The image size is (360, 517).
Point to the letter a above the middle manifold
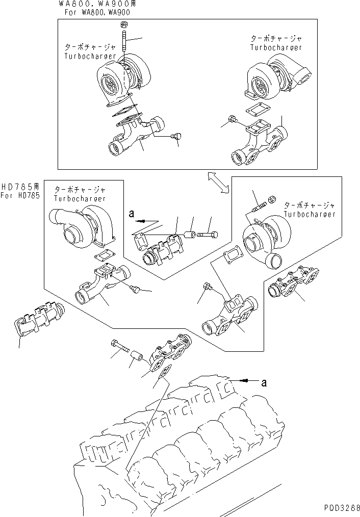pyautogui.click(x=131, y=215)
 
